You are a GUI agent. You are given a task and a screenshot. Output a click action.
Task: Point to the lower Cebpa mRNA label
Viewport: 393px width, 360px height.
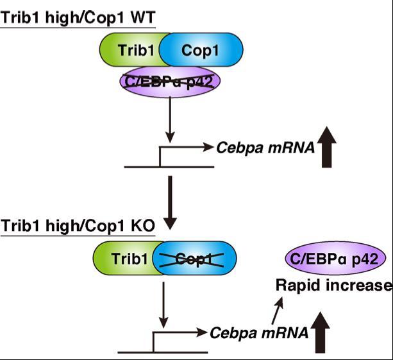[x=259, y=332]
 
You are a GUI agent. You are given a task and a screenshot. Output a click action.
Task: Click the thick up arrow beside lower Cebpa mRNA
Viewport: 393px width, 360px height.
[x=321, y=329]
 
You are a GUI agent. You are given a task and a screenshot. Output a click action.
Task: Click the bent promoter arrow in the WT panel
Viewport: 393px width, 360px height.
[x=186, y=149]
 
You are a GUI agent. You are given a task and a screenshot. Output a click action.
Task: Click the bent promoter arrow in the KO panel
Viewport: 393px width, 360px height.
[x=180, y=334]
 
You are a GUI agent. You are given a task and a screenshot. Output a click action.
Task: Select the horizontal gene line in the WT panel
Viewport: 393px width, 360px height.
[x=170, y=167]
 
